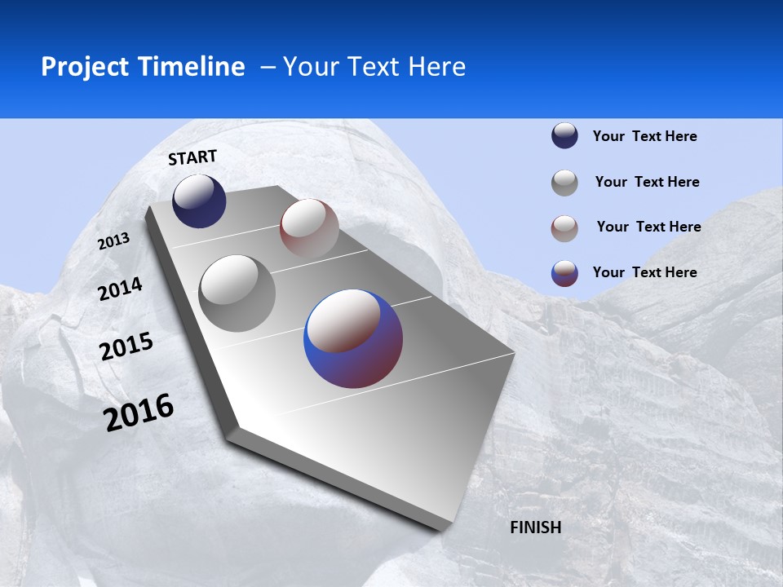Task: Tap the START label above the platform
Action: click(x=192, y=157)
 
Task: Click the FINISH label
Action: click(x=536, y=527)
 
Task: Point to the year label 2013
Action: click(x=113, y=241)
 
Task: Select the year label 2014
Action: click(x=120, y=289)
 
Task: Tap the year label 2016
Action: click(x=139, y=413)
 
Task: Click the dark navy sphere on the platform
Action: click(x=199, y=201)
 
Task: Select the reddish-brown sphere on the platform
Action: click(x=309, y=227)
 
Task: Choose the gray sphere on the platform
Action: click(x=237, y=293)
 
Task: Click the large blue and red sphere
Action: click(x=353, y=338)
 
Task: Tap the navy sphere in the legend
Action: click(x=564, y=135)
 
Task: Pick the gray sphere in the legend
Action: click(x=564, y=183)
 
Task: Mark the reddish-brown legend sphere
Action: click(x=564, y=228)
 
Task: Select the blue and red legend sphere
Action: click(x=564, y=273)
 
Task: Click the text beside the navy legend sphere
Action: click(x=644, y=136)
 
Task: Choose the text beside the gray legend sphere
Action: click(x=647, y=182)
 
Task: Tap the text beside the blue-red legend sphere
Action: click(x=644, y=272)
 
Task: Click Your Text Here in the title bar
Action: click(x=374, y=67)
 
